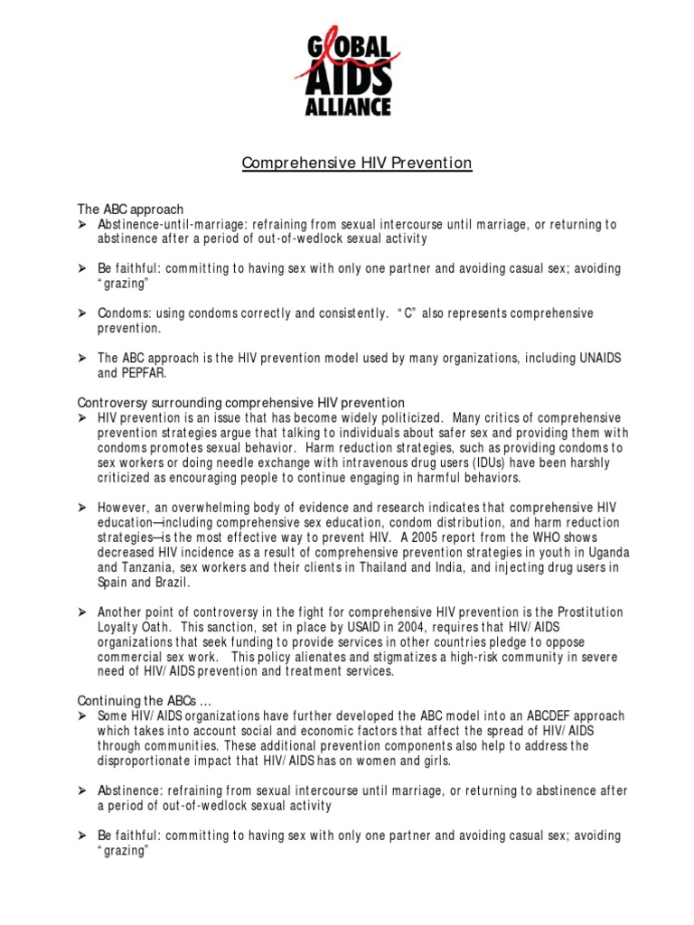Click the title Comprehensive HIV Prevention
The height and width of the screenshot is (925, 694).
(x=356, y=164)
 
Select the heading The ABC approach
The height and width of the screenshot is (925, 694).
(x=130, y=209)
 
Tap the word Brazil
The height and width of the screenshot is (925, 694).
(x=163, y=582)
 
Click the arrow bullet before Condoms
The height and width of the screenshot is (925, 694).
(x=81, y=313)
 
